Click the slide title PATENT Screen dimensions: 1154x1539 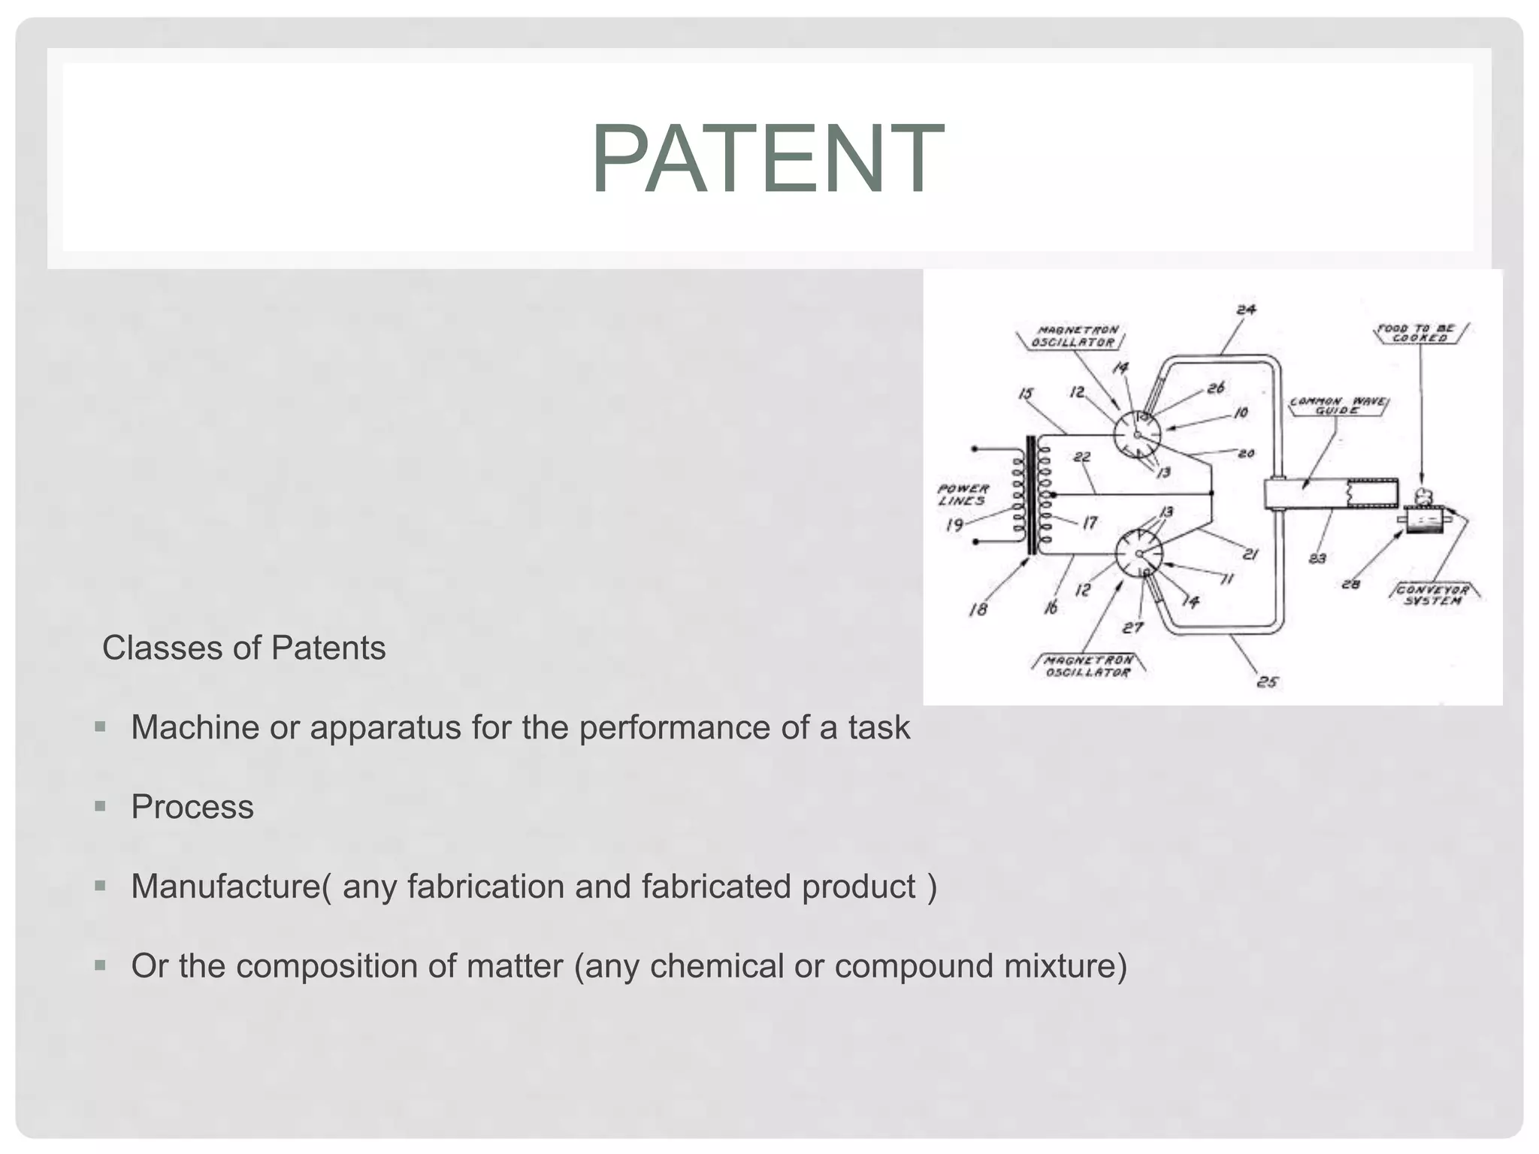coord(767,159)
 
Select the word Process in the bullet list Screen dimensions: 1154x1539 coord(192,807)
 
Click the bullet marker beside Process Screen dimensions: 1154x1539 coord(100,806)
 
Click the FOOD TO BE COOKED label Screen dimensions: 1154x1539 coord(1420,333)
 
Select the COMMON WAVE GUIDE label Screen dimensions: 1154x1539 coord(1338,406)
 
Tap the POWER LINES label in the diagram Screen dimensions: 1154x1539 coord(963,494)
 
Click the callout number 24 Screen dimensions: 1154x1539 coord(1245,310)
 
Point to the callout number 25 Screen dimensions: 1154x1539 coord(1267,681)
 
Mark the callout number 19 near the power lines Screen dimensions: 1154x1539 coord(954,524)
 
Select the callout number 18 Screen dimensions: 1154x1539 coord(978,609)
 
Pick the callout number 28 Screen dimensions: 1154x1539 coord(1350,584)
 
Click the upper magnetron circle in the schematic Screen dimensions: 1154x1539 coord(1137,434)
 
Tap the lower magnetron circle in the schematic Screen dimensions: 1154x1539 coord(1139,554)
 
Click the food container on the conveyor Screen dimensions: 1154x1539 coord(1423,520)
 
